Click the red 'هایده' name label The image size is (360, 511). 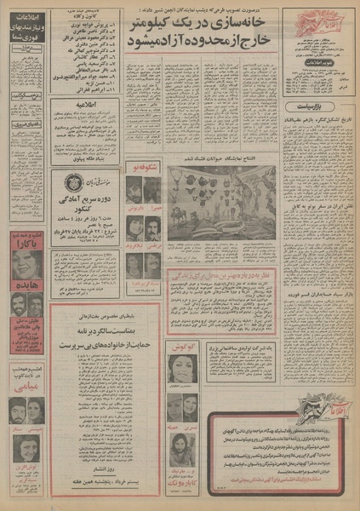click(27, 286)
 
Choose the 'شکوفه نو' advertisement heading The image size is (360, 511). click(140, 169)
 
